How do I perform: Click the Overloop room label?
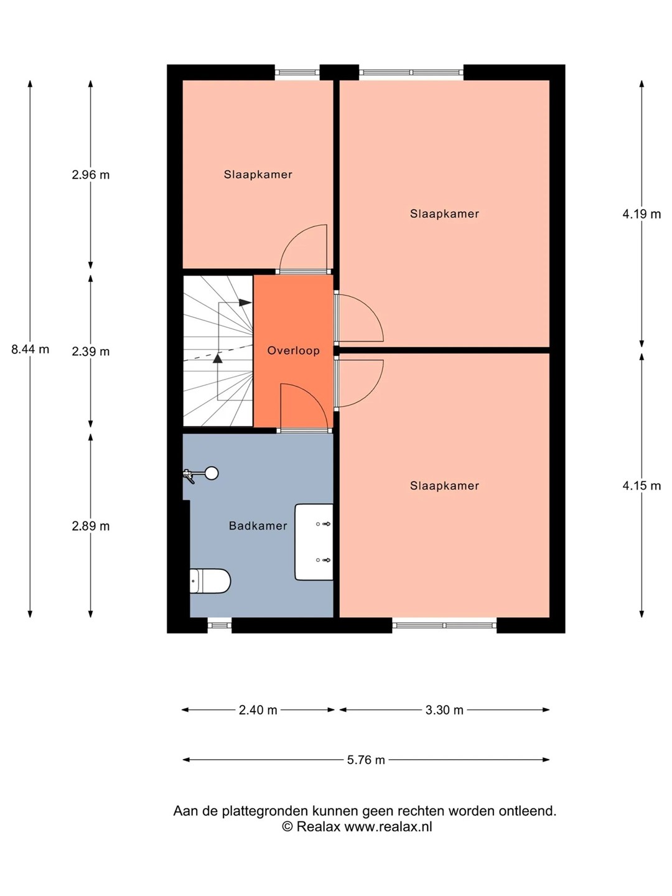pyautogui.click(x=293, y=351)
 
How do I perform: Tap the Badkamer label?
pyautogui.click(x=258, y=526)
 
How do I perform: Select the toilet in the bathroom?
pyautogui.click(x=210, y=581)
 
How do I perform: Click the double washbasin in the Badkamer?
pyautogui.click(x=314, y=542)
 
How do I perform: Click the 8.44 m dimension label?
pyautogui.click(x=30, y=350)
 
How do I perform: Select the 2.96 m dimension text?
pyautogui.click(x=91, y=175)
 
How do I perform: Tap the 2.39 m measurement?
pyautogui.click(x=91, y=352)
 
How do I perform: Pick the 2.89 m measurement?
pyautogui.click(x=91, y=526)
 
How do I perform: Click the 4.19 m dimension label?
pyautogui.click(x=642, y=214)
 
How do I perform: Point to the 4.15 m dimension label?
pyautogui.click(x=642, y=486)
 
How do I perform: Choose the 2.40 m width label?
pyautogui.click(x=258, y=711)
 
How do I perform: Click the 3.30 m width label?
pyautogui.click(x=444, y=711)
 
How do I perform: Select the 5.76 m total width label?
pyautogui.click(x=366, y=760)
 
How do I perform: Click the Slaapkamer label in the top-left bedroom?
pyautogui.click(x=258, y=175)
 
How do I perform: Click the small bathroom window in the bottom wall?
pyautogui.click(x=220, y=625)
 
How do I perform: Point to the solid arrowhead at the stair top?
pyautogui.click(x=245, y=302)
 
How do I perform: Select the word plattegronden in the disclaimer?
pyautogui.click(x=266, y=811)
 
